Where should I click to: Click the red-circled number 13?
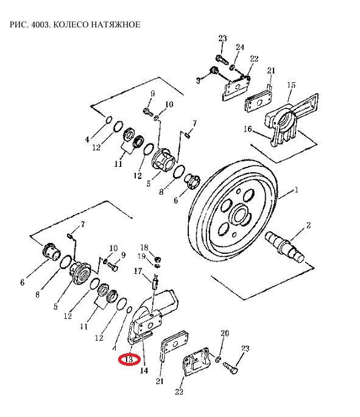point(129,360)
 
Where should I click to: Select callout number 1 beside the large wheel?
point(296,190)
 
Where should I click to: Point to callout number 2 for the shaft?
point(308,225)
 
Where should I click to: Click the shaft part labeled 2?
point(284,246)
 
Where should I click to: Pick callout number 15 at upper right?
point(291,85)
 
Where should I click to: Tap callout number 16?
point(247,129)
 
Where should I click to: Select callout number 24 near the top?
point(240,47)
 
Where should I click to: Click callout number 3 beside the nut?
point(198,80)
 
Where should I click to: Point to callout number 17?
point(138,271)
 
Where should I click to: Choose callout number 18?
point(144,248)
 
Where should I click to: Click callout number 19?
point(141,256)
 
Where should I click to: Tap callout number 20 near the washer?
point(225,333)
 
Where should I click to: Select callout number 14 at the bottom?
point(144,370)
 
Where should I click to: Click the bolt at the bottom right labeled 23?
point(230,367)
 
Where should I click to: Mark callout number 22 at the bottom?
point(179,391)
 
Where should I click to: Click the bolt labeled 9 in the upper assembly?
point(148,112)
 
